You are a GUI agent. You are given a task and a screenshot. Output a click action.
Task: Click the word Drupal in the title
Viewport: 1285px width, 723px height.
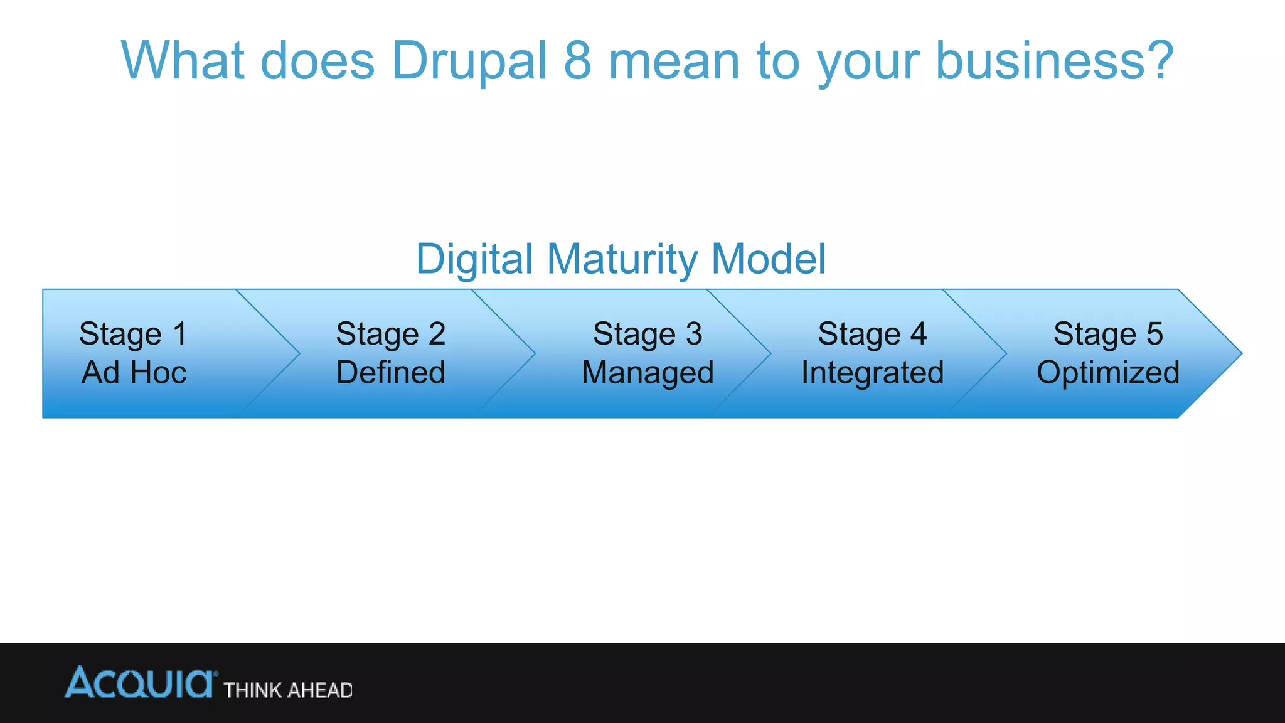point(469,61)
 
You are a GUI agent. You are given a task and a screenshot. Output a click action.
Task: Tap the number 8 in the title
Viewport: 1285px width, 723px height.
point(577,61)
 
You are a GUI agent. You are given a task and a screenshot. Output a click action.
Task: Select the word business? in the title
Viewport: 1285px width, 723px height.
point(1054,61)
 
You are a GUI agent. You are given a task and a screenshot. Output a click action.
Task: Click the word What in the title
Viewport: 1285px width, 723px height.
point(182,61)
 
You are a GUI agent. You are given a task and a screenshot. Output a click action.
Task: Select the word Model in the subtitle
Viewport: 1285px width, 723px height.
point(769,260)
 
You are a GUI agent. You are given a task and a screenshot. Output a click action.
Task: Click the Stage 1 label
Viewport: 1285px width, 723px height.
point(133,334)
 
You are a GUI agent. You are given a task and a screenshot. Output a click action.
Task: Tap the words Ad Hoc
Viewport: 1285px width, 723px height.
point(134,373)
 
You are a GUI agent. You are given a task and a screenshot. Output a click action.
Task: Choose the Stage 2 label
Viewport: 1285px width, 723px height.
point(390,334)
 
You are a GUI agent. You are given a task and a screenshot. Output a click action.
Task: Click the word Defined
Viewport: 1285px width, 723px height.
point(390,373)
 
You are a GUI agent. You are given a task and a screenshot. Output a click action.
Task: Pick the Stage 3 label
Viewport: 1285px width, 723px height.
point(648,334)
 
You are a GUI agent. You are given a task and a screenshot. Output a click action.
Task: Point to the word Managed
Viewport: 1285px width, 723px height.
point(648,373)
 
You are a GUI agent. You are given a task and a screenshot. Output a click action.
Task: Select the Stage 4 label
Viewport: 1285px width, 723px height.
point(872,334)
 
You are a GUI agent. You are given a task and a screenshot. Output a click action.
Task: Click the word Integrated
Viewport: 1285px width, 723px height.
point(872,373)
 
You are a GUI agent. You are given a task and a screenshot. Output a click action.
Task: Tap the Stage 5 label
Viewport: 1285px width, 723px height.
point(1108,334)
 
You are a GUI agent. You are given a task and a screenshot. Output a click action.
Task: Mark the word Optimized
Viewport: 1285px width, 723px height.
point(1108,373)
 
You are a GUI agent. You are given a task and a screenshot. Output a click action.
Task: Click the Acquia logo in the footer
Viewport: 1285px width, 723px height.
point(141,683)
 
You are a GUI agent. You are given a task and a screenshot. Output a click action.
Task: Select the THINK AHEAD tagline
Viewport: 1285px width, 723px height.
point(288,690)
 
